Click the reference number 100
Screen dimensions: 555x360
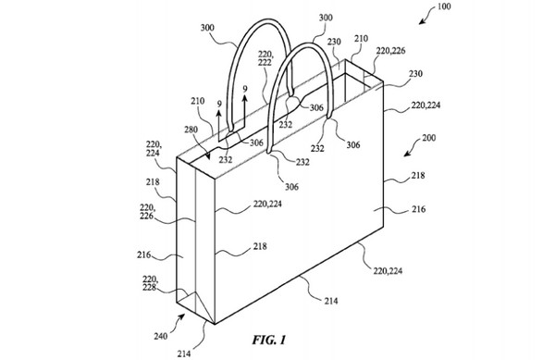(444, 6)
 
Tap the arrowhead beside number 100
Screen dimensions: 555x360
(421, 21)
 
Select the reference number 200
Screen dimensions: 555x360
(428, 138)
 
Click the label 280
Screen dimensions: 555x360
(191, 130)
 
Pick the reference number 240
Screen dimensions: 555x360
(160, 336)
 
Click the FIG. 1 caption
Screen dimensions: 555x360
(269, 341)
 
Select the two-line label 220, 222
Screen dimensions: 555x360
(265, 58)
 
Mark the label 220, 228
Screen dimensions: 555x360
(150, 283)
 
